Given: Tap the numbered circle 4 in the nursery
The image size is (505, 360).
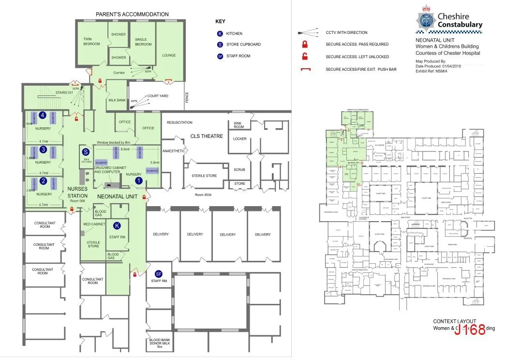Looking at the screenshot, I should [x=43, y=115].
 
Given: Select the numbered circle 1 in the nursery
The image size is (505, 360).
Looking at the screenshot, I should [x=138, y=180].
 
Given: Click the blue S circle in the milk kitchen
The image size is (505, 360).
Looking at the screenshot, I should [x=86, y=151].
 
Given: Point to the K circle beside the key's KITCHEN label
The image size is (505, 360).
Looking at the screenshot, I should [x=220, y=34].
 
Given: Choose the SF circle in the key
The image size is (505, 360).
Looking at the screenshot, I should [x=220, y=56].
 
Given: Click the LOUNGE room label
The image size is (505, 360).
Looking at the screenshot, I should [x=169, y=55].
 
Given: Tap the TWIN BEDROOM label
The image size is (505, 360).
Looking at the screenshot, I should [x=91, y=42].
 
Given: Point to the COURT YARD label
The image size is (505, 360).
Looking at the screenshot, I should [x=158, y=96].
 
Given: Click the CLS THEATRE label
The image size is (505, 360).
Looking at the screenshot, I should [x=207, y=136].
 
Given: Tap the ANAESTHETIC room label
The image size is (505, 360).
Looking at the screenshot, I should [x=174, y=151].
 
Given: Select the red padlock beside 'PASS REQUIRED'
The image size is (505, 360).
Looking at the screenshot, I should [x=305, y=44].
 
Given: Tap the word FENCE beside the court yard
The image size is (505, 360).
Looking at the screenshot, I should [x=187, y=97].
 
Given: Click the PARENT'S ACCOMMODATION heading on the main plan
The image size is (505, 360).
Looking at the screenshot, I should [x=132, y=15].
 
